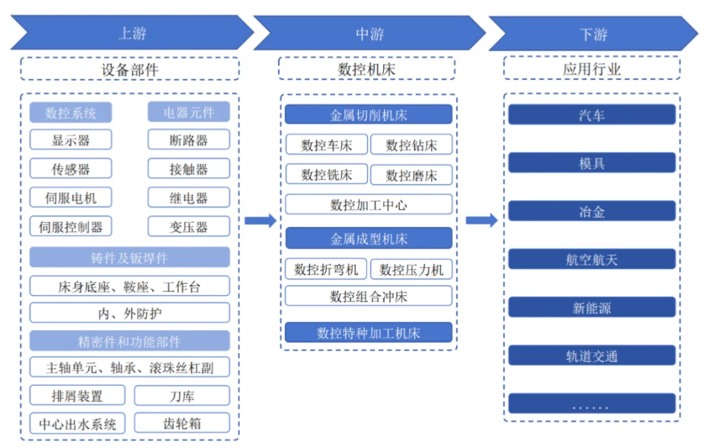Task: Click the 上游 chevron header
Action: (132, 33)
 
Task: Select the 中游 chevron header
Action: (370, 33)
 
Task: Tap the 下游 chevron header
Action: (593, 34)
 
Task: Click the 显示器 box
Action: (70, 140)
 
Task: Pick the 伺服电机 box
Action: (70, 198)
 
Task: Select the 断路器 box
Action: (188, 140)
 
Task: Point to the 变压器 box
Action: (188, 226)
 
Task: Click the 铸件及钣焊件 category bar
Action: (129, 258)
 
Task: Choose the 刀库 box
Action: (182, 396)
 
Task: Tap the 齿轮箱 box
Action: (182, 423)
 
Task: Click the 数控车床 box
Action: (327, 145)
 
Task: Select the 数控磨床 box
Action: (411, 175)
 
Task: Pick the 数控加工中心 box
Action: (368, 205)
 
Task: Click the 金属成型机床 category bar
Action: (368, 238)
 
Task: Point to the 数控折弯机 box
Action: (326, 269)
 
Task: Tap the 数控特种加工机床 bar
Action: (368, 333)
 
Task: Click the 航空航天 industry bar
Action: (592, 260)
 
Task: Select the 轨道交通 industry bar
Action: (592, 356)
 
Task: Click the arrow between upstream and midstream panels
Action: (260, 220)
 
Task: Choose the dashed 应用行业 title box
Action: (592, 68)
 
